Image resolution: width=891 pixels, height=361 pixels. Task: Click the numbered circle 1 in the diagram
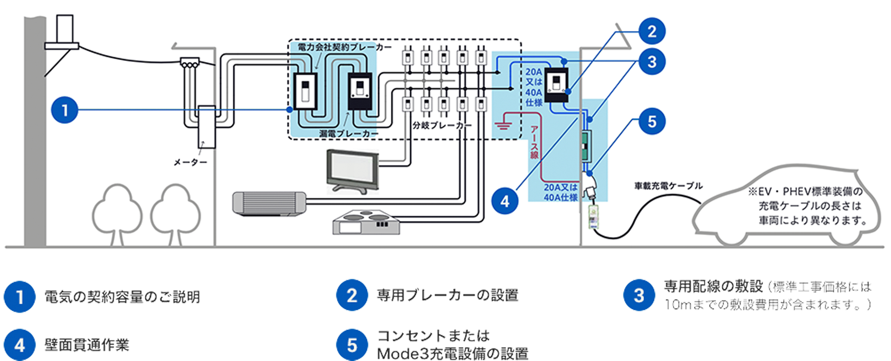click(x=65, y=110)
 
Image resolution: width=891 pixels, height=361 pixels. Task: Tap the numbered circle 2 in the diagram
click(x=652, y=32)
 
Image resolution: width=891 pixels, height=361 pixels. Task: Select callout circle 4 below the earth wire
click(x=505, y=202)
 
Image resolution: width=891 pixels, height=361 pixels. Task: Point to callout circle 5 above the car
click(x=652, y=121)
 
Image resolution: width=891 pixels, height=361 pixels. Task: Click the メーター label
click(x=190, y=163)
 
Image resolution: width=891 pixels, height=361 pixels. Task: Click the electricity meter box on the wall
click(x=206, y=127)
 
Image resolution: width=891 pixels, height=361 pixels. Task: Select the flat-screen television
click(x=353, y=171)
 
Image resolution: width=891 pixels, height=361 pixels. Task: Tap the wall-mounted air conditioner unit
click(x=269, y=203)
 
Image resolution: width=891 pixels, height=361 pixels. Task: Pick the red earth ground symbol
click(x=502, y=125)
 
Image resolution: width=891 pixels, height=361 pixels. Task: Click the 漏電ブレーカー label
click(x=348, y=134)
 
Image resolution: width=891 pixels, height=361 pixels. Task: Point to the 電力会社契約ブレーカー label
click(x=345, y=47)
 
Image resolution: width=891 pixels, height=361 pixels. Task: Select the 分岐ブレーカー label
click(x=442, y=126)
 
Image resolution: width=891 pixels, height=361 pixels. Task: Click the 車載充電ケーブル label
click(x=668, y=186)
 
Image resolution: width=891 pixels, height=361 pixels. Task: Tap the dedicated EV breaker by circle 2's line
click(x=557, y=85)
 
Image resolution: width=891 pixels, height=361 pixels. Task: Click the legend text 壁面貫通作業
click(x=87, y=345)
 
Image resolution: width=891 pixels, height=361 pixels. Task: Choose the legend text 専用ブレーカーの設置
click(x=447, y=295)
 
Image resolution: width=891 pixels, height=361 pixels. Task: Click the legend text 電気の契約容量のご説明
click(x=122, y=297)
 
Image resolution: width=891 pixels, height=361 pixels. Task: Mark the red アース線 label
click(x=534, y=142)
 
